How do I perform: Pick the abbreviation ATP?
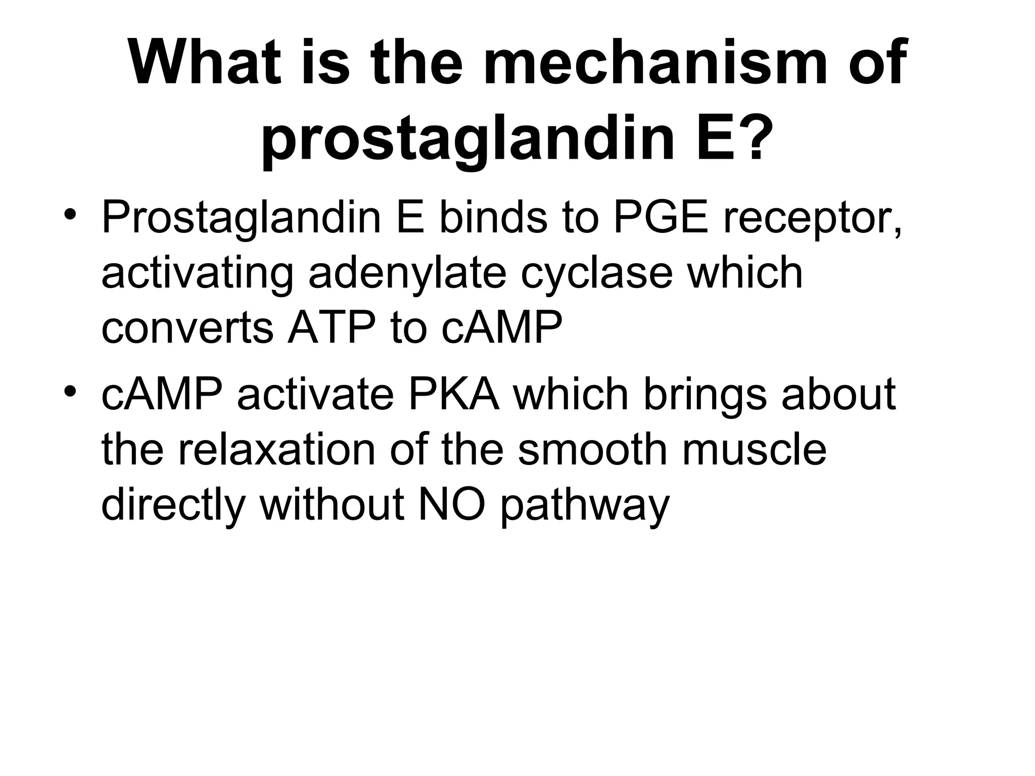click(x=331, y=328)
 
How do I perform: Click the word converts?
click(x=187, y=328)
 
